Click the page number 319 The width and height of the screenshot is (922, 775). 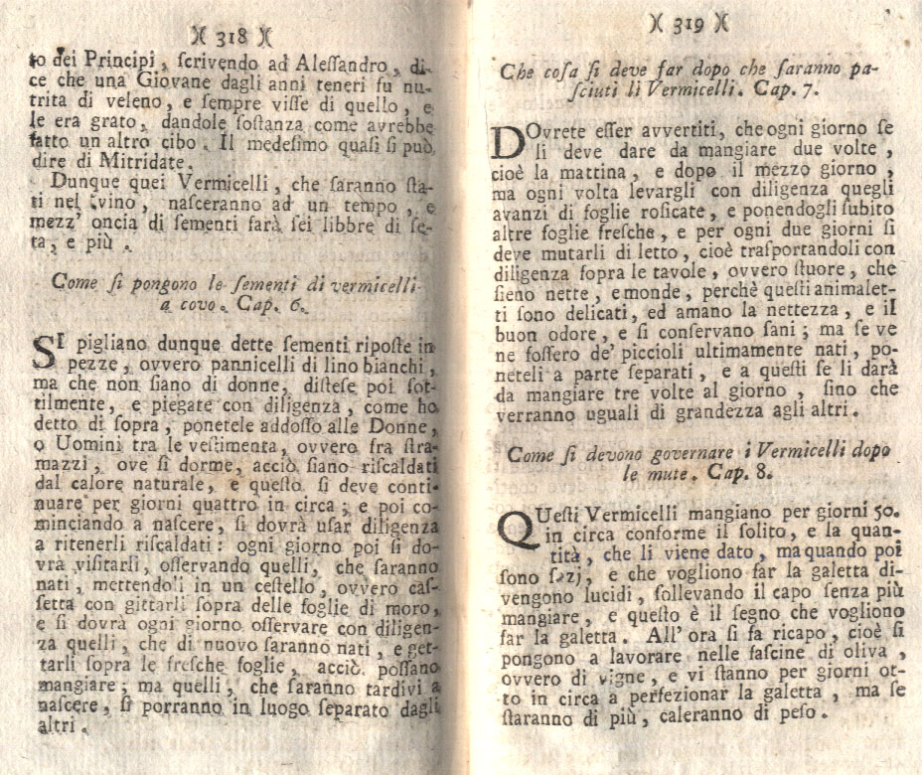(x=689, y=23)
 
